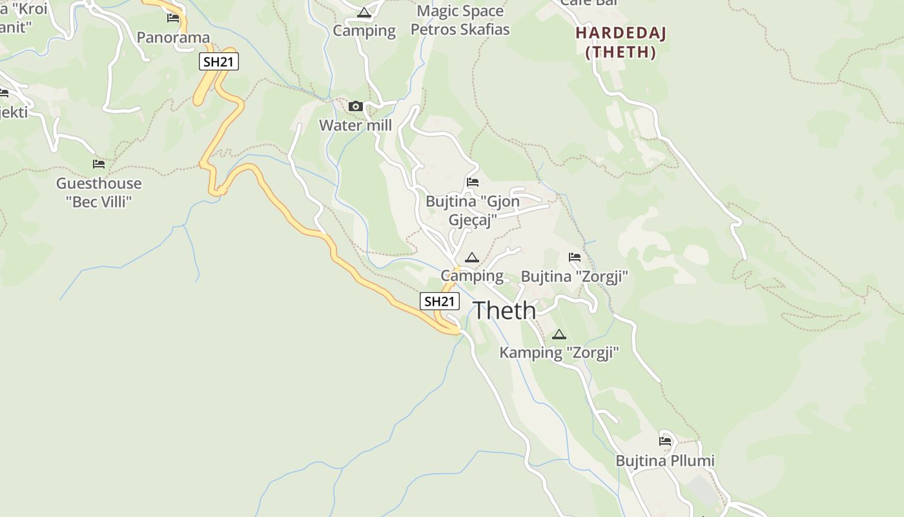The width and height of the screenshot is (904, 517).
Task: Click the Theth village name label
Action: tap(505, 311)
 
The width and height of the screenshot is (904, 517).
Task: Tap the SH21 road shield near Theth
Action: tap(440, 301)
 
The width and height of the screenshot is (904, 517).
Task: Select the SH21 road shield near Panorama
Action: tap(219, 62)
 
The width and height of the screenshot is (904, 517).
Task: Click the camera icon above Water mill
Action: tap(356, 107)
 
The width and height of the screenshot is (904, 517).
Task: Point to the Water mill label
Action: tap(355, 125)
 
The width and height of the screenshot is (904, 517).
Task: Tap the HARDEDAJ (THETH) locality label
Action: tap(621, 43)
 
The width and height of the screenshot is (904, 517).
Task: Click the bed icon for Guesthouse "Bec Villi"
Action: tap(99, 164)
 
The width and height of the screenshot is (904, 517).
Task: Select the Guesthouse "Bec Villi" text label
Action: tap(99, 193)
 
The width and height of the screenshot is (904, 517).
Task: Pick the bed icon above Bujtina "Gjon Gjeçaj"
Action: tap(473, 183)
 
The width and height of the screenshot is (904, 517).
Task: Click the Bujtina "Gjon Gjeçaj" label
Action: tap(473, 211)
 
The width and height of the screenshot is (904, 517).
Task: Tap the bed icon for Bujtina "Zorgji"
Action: tap(575, 257)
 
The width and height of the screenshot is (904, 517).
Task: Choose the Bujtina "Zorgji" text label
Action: tap(575, 277)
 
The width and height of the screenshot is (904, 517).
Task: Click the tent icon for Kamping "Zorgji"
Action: tap(559, 334)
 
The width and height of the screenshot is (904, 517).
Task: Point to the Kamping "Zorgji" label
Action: tap(559, 353)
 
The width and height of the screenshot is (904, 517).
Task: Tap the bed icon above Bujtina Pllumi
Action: tap(665, 441)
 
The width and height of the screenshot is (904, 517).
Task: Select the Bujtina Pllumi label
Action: tap(665, 461)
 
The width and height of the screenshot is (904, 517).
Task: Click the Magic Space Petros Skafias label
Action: tap(460, 20)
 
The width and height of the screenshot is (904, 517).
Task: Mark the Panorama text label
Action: tap(174, 37)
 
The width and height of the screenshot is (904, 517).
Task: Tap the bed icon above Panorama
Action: tap(173, 18)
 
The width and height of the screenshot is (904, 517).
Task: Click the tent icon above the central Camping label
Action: tap(472, 258)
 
